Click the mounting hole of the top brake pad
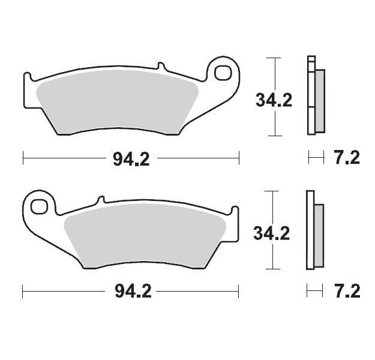pos(223,72)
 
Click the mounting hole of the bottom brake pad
pos(40,206)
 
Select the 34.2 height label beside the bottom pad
pos(271,233)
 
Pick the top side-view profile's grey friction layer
pos(319,101)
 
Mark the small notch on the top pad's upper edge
pos(160,65)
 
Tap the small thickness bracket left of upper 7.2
pos(312,158)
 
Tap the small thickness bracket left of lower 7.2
pos(311,292)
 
